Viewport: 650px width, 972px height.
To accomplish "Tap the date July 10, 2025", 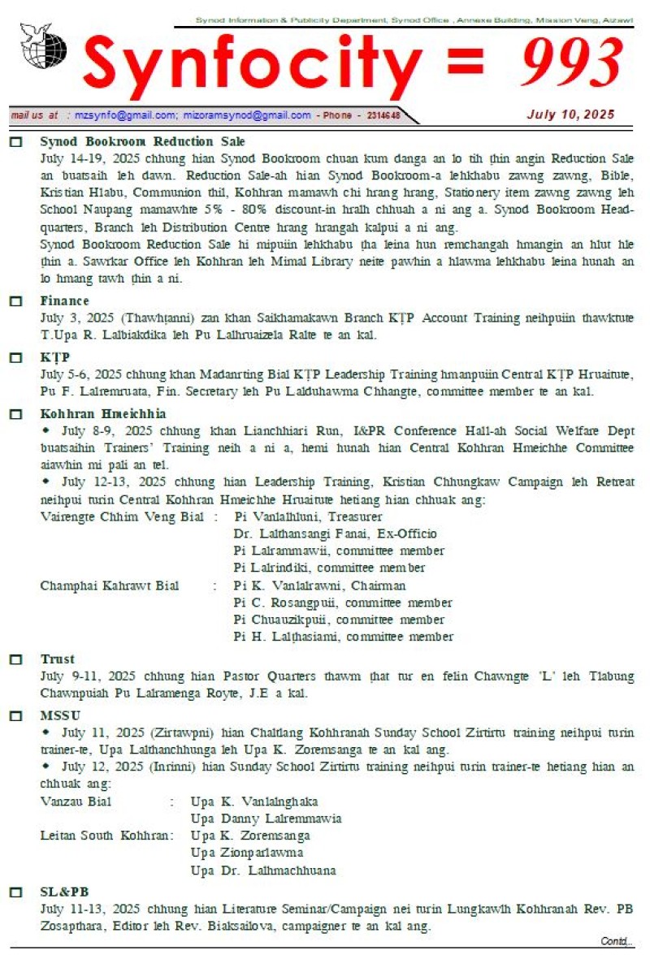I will pyautogui.click(x=570, y=114).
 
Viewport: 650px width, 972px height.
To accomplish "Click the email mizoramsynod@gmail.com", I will pyautogui.click(x=247, y=115).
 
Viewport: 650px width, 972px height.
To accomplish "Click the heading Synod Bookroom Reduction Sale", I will pyautogui.click(x=142, y=141).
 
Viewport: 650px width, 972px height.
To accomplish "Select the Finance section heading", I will pyautogui.click(x=65, y=300).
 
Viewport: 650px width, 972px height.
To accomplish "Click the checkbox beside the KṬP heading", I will pyautogui.click(x=15, y=357).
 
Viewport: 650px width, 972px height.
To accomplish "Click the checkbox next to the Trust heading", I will pyautogui.click(x=15, y=659).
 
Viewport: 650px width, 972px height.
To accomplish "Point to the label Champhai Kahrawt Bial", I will pyautogui.click(x=109, y=585).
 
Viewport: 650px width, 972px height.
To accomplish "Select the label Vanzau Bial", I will pyautogui.click(x=76, y=801).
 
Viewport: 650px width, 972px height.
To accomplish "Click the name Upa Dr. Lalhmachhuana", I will pyautogui.click(x=263, y=870).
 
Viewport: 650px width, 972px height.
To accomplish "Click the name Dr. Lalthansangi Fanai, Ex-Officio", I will pyautogui.click(x=335, y=534).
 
